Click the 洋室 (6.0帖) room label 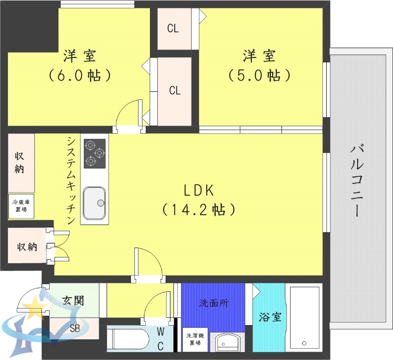(x=79, y=66)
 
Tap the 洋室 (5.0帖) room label (x=259, y=66)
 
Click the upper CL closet (x=173, y=28)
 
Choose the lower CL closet (x=175, y=91)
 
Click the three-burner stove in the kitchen (x=95, y=153)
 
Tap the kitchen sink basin (x=94, y=203)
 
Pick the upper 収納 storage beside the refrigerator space (x=20, y=163)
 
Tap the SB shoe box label (x=75, y=328)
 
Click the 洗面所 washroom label (x=213, y=303)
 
